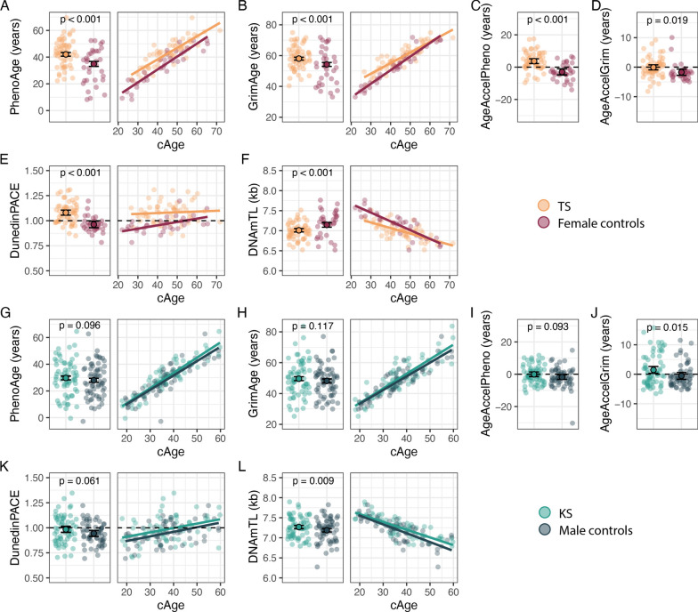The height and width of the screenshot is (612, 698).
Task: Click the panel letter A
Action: point(6,7)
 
